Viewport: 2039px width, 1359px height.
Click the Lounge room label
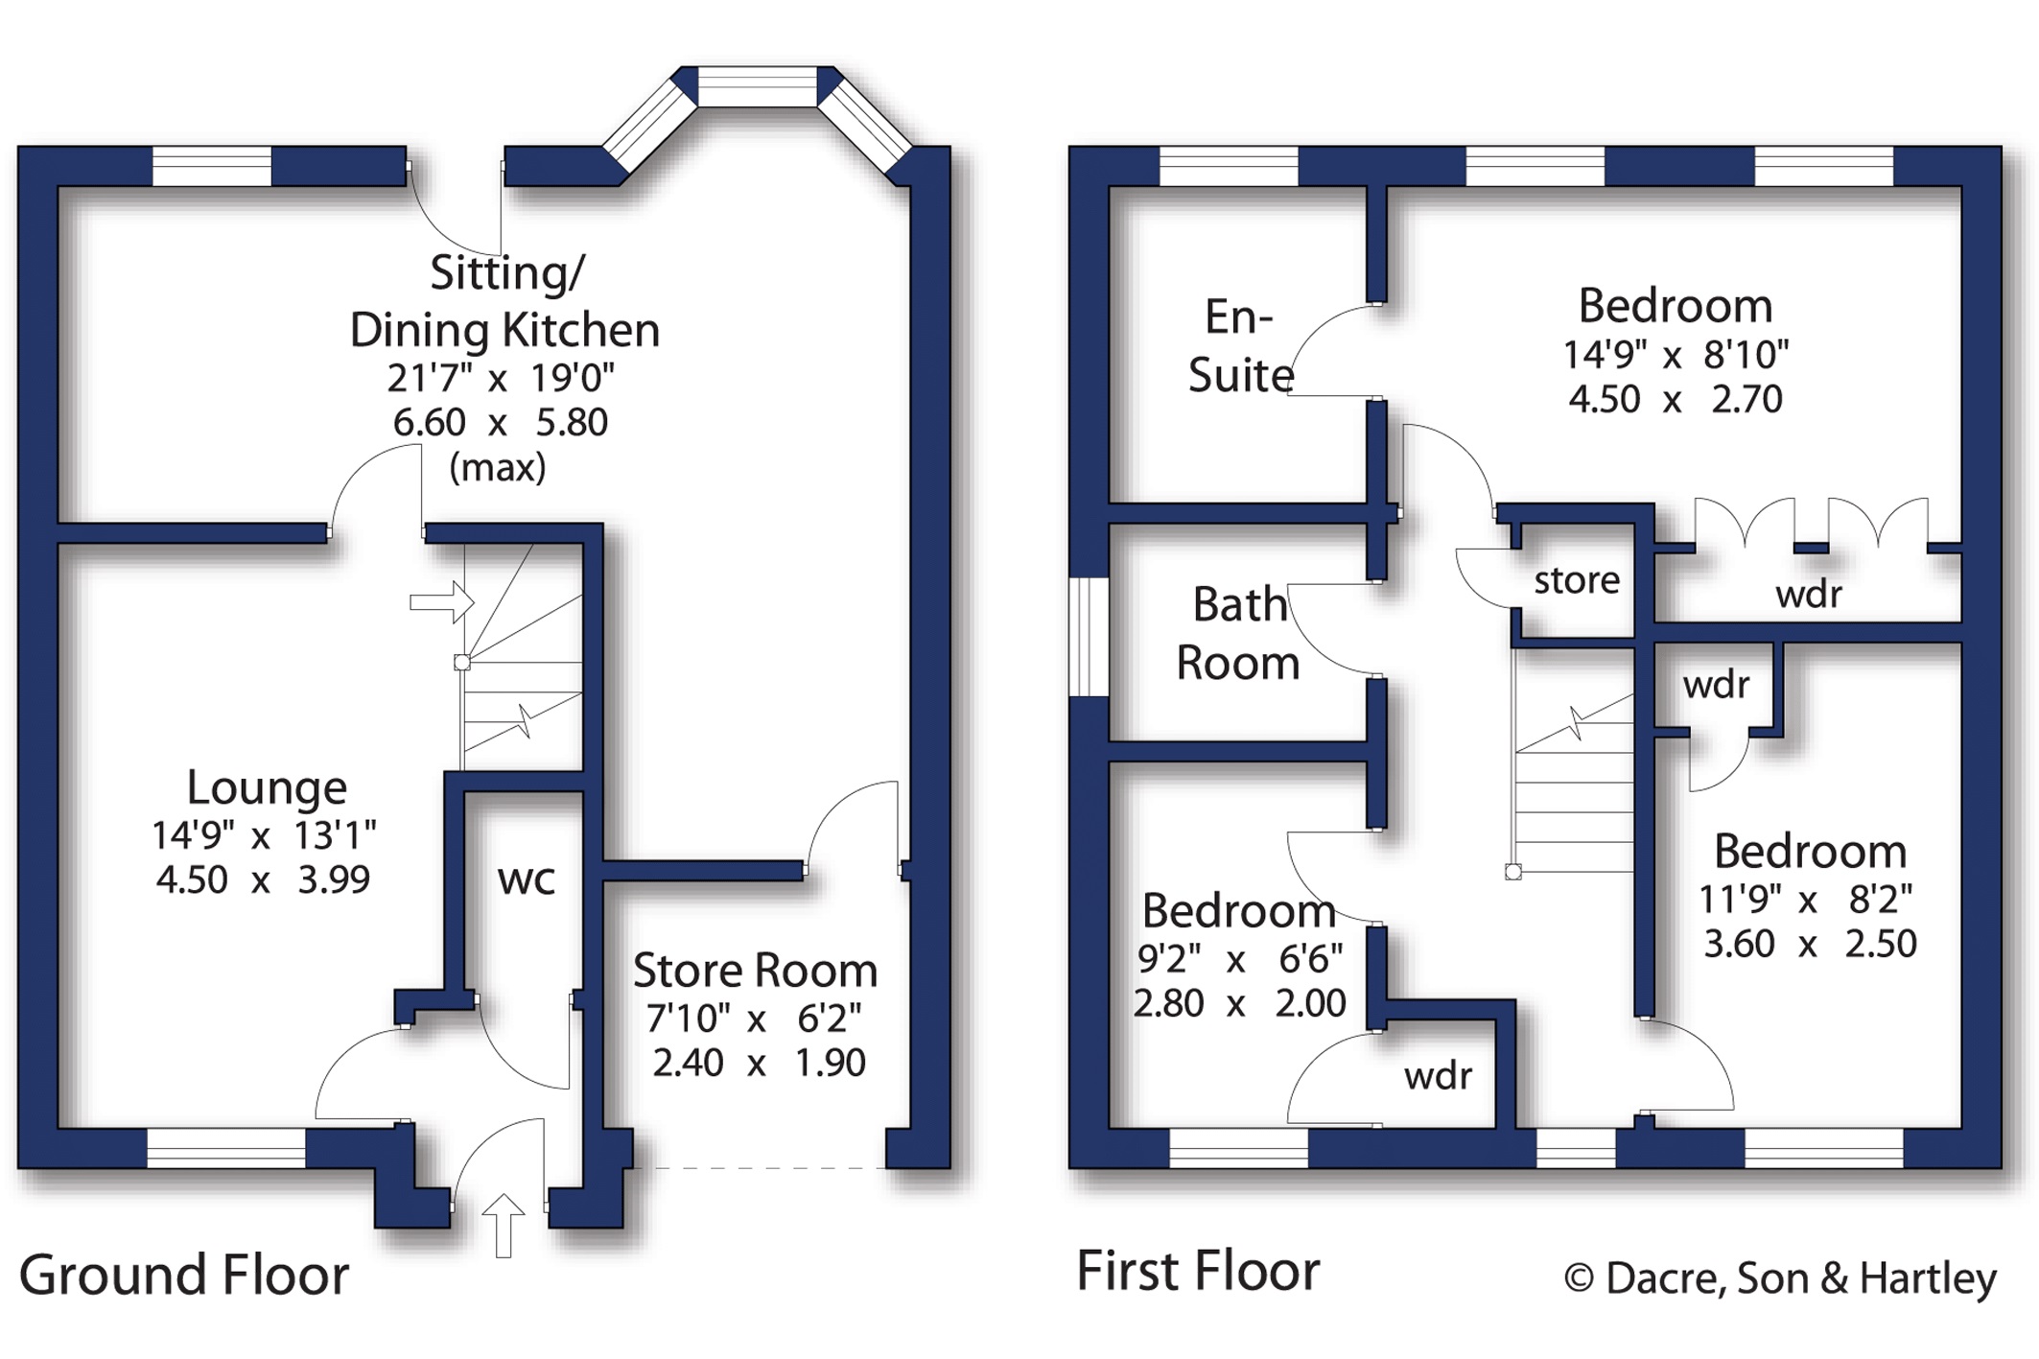267,787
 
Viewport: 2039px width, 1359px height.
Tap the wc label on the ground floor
527,879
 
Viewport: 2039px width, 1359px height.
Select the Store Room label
755,971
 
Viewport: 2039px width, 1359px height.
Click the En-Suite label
1240,346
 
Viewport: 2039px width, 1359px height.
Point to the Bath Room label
1238,634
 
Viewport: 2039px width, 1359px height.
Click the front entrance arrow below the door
503,1225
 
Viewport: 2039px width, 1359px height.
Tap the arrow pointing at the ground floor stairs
442,602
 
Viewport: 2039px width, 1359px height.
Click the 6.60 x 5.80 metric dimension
501,423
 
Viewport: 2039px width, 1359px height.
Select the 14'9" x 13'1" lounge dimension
264,835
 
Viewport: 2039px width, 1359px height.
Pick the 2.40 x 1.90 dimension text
759,1063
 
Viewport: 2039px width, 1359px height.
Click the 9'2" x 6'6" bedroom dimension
1240,958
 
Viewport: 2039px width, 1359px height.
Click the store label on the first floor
1577,580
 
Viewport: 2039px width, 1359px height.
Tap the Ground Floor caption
184,1276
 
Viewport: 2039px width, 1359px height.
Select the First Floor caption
1198,1271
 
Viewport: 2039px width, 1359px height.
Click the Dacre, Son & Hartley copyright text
1780,1278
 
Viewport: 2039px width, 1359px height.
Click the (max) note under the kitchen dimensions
498,468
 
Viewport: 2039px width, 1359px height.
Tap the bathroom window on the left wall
1089,637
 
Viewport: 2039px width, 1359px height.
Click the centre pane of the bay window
757,86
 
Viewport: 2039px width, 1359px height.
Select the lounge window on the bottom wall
226,1148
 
